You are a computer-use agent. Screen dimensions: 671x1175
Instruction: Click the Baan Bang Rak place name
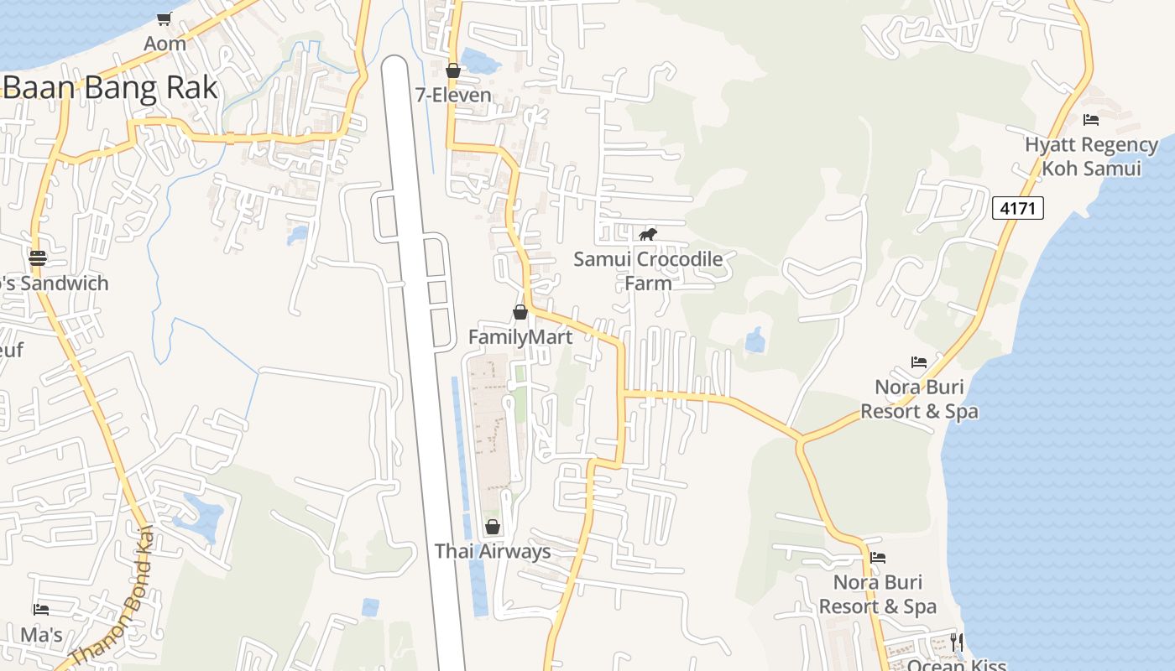coord(111,88)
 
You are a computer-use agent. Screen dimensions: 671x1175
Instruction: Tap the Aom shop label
coord(164,43)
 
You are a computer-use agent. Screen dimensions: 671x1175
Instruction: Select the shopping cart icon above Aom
coord(164,18)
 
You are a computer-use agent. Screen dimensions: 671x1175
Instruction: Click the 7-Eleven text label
coord(453,95)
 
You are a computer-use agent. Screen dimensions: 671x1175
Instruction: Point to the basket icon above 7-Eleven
coord(453,70)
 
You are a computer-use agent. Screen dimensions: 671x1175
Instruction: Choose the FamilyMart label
coord(520,337)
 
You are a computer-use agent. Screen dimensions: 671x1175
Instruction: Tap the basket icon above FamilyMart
coord(520,312)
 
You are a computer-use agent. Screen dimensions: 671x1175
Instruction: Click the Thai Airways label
coord(493,551)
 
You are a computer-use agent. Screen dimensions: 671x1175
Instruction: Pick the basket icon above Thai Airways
coord(493,527)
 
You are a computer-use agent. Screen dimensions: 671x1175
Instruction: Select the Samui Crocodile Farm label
coord(648,271)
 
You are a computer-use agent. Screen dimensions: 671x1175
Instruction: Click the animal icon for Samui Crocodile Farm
coord(647,234)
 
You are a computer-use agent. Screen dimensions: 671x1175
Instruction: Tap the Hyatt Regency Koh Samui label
coord(1091,156)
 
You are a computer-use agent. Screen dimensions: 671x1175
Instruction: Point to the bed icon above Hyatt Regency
coord(1091,120)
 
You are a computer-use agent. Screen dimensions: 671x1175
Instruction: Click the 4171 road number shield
coord(1018,208)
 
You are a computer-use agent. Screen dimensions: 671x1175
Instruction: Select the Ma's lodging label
coord(42,635)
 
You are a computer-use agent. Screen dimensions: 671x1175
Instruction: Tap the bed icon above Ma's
coord(41,610)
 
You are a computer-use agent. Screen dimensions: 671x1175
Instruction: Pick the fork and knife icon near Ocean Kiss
coord(957,642)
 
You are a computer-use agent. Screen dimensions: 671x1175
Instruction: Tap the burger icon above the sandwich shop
coord(38,257)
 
